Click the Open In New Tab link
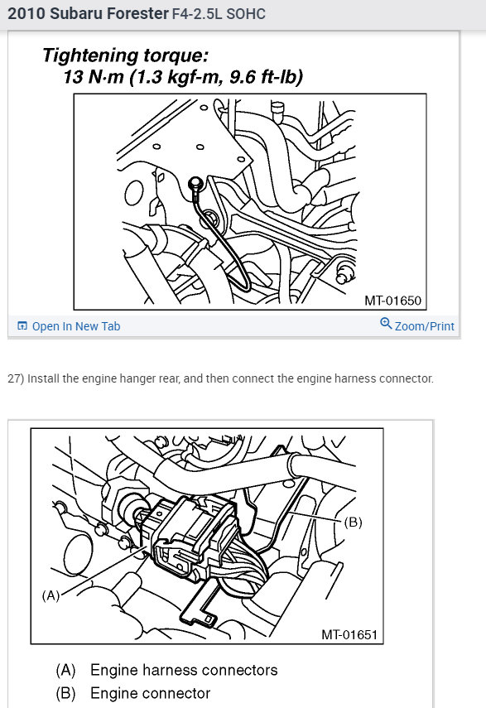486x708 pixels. (75, 326)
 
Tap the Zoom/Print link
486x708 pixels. (424, 326)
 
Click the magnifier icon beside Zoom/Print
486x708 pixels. (386, 324)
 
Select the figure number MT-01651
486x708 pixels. (349, 635)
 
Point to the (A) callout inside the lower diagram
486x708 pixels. (51, 595)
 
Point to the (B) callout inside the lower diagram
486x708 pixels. (353, 523)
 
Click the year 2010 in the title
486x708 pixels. (26, 14)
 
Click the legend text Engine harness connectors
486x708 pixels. (184, 670)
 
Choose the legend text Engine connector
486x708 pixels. (150, 693)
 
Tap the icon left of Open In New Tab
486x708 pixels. (22, 326)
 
